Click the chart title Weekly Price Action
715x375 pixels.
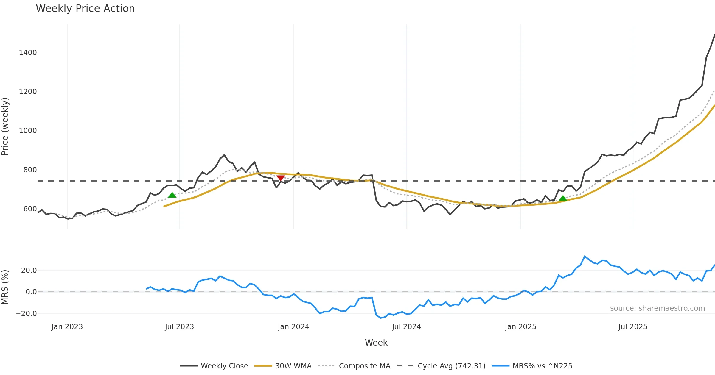click(x=85, y=9)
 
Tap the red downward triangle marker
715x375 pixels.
click(x=280, y=178)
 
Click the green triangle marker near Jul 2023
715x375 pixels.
click(x=172, y=195)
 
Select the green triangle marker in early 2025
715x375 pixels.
click(x=563, y=198)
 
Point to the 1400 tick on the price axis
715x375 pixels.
click(x=28, y=53)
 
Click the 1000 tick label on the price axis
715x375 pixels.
click(x=28, y=131)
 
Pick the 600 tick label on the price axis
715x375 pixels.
click(x=30, y=209)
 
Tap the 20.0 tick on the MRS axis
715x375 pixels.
click(x=29, y=271)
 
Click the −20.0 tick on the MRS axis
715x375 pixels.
click(x=26, y=314)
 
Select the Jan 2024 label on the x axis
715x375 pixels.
click(x=293, y=327)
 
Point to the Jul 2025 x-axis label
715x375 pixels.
click(x=633, y=327)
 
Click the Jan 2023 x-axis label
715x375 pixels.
click(x=67, y=327)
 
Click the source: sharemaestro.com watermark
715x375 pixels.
click(x=657, y=308)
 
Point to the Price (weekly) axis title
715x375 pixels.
click(x=5, y=126)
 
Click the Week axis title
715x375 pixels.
click(x=376, y=343)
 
